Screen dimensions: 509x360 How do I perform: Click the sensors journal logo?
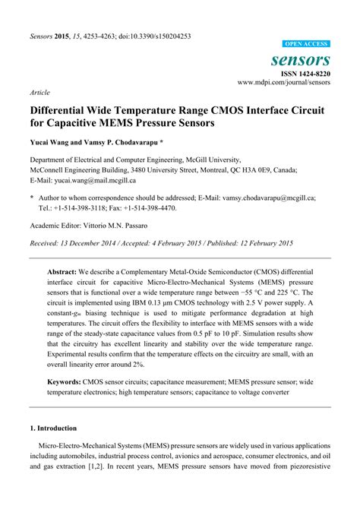(x=301, y=59)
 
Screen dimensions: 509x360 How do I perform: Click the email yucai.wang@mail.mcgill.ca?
(x=94, y=180)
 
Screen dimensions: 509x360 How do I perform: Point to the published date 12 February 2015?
(x=254, y=243)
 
